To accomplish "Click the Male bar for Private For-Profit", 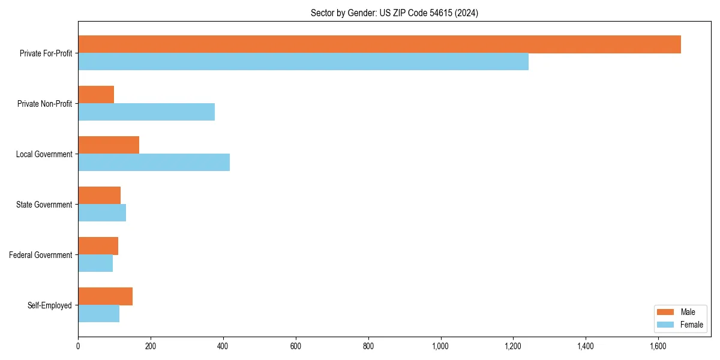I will [x=379, y=44].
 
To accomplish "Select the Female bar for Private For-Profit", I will [x=303, y=62].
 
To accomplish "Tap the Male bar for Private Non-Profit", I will [x=96, y=95].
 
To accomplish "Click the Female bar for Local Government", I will [x=154, y=163].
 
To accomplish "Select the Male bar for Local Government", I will [x=109, y=145].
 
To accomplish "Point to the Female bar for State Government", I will [x=102, y=213].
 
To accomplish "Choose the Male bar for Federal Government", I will [x=98, y=246].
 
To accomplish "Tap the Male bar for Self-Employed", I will [x=105, y=296].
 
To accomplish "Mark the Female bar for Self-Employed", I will [x=98, y=314].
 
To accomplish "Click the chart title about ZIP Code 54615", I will [x=394, y=13].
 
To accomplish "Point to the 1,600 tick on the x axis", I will [x=658, y=346].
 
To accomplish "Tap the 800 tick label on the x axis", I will [x=368, y=346].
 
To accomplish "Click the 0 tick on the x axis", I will [x=78, y=346].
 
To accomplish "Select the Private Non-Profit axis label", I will [x=44, y=104].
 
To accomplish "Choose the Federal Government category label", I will [x=41, y=255].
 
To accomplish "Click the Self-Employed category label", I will [x=50, y=305].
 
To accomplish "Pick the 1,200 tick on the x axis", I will [x=513, y=346].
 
